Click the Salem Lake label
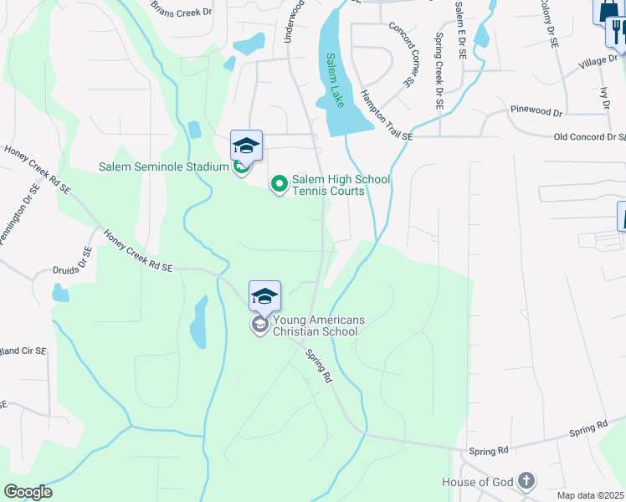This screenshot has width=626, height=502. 334,79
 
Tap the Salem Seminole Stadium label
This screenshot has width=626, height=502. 164,166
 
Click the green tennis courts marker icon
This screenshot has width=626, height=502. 279,182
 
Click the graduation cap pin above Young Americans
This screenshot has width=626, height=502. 264,296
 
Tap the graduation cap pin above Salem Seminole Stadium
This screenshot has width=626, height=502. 247,145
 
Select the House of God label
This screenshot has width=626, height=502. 477,482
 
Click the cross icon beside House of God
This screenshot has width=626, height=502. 526,481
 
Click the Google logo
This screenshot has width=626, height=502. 28,492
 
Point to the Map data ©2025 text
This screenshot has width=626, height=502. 591,495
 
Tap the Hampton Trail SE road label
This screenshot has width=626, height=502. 387,115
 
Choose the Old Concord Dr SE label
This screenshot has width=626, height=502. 589,137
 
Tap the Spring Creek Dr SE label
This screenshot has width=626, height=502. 438,71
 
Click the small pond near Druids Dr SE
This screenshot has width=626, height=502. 59,293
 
